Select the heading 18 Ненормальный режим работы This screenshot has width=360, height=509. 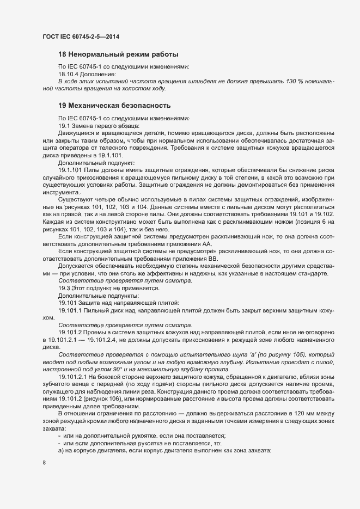coord(118,54)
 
